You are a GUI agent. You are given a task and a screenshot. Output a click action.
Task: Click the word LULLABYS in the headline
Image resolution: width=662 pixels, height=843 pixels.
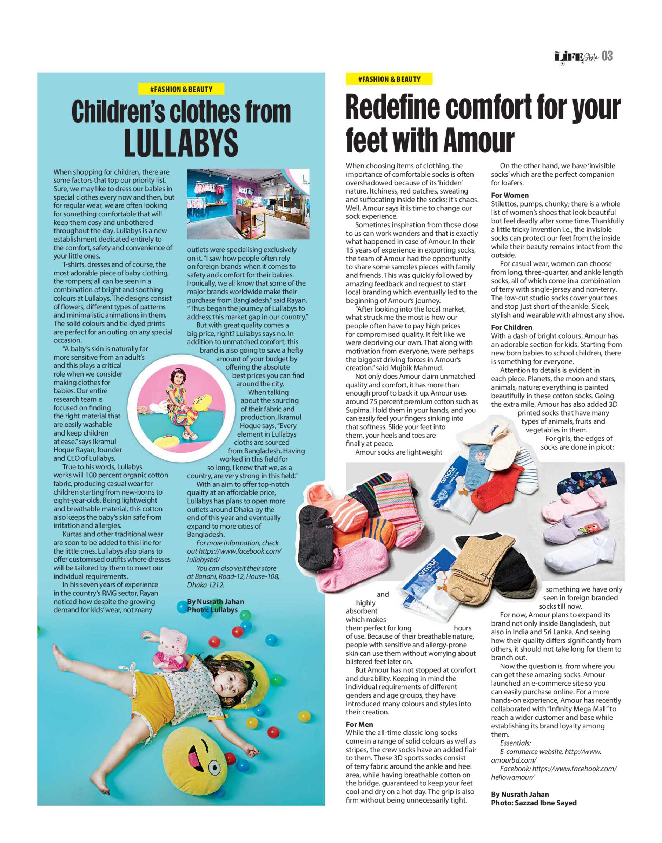click(181, 143)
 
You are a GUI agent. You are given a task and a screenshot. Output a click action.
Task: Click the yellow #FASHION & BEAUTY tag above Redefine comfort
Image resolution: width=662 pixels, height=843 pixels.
click(389, 79)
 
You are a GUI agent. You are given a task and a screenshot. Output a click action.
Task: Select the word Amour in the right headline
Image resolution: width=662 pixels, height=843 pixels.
click(479, 140)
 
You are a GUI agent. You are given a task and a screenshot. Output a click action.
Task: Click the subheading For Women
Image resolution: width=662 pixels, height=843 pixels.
click(509, 195)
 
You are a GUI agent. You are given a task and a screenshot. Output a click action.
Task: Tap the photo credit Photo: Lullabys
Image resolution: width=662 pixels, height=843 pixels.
click(212, 610)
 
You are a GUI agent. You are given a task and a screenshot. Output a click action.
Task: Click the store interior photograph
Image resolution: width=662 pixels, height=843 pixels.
click(248, 204)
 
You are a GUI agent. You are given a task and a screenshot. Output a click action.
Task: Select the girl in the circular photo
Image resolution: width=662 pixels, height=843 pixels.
click(181, 403)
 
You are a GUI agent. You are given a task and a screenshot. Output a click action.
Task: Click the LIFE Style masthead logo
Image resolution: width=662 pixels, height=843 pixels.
click(576, 57)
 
